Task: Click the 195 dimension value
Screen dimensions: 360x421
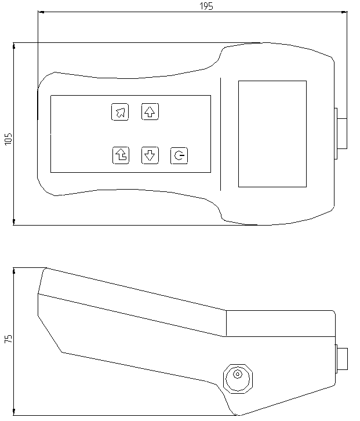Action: coord(206,6)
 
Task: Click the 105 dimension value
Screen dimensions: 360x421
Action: coord(8,139)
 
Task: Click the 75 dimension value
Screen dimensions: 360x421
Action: coord(8,339)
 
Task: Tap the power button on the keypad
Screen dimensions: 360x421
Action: coord(179,155)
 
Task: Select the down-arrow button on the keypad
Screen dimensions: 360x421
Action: coord(150,155)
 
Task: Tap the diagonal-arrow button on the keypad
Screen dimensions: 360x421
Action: coord(120,112)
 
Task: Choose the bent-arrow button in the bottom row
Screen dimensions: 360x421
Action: coord(121,155)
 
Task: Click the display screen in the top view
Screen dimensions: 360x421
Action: coord(272,134)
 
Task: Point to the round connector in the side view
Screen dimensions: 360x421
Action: coord(238,379)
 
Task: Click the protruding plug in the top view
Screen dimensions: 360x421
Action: coord(341,133)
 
